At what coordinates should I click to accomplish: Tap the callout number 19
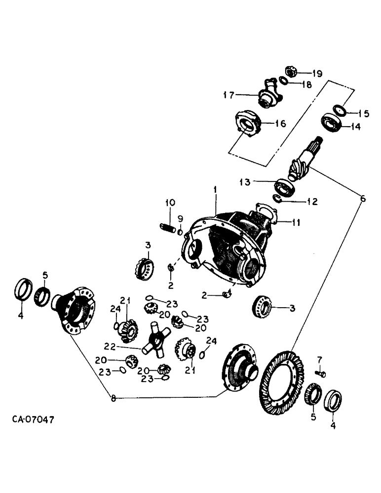coord(316,73)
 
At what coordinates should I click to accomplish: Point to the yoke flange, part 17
coord(267,95)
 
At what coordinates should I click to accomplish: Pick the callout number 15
coord(363,113)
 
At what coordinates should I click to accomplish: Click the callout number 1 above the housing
coord(215,189)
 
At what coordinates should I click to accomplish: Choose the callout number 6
coord(363,199)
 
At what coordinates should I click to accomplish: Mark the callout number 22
coord(111,346)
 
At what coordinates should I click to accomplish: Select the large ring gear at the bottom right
coord(280,380)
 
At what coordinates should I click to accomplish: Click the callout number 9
coord(180,218)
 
